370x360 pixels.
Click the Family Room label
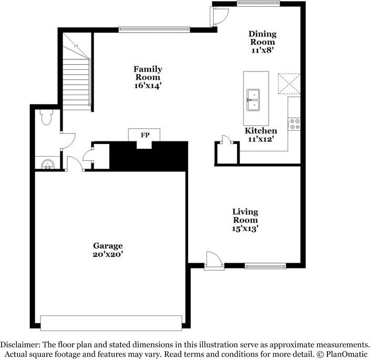tap(147, 73)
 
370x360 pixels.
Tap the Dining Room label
tap(262, 38)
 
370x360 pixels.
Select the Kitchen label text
tap(261, 131)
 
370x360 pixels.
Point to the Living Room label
tap(245, 216)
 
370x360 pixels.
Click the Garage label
tap(108, 245)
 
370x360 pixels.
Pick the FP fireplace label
tap(145, 135)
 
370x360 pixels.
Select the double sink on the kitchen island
tap(256, 100)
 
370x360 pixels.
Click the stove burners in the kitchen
tap(294, 124)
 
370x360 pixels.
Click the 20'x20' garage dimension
tap(108, 254)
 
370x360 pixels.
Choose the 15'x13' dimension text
tap(245, 229)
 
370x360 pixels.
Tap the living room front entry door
tap(213, 261)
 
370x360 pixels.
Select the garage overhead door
tap(111, 321)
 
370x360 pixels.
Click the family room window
tap(154, 29)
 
